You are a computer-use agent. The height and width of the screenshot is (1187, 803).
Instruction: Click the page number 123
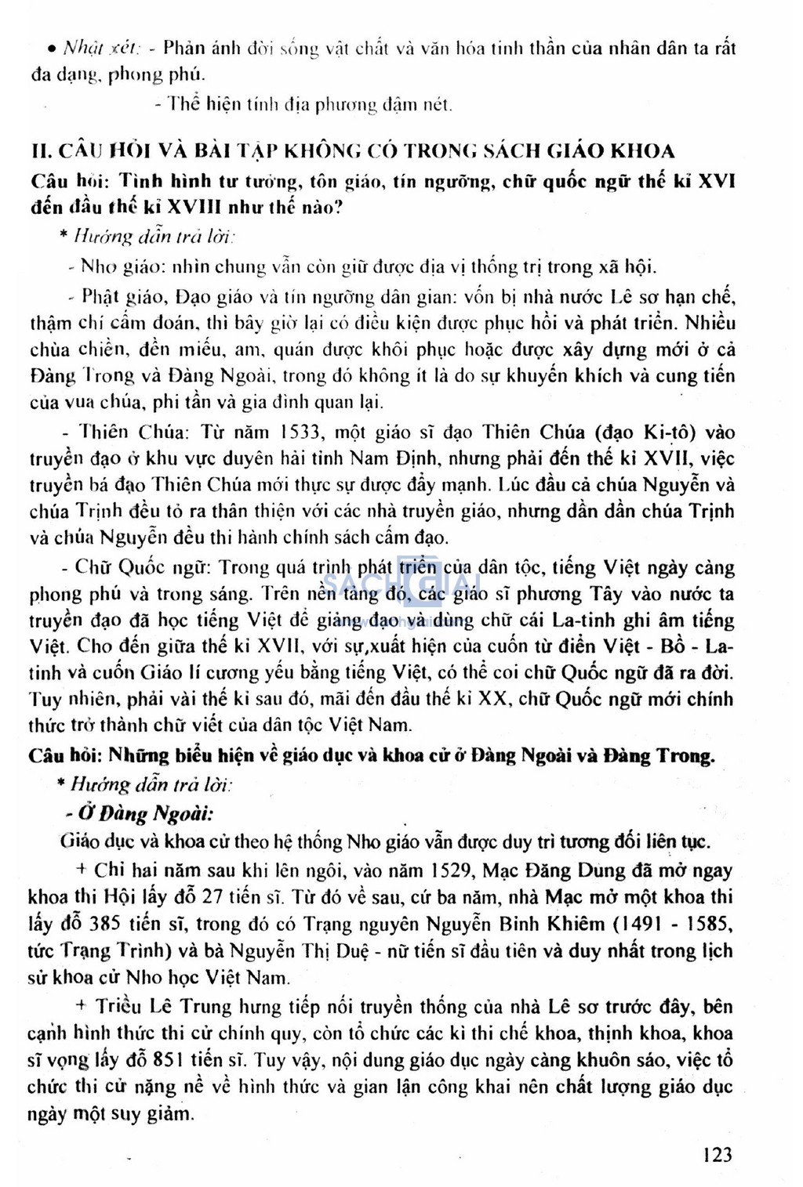coord(718,1153)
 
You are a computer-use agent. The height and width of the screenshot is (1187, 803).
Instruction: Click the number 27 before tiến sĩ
coord(213,896)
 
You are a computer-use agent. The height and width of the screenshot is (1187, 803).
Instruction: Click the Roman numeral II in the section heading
coord(40,151)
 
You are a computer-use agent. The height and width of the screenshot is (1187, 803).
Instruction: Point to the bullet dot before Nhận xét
coord(50,49)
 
